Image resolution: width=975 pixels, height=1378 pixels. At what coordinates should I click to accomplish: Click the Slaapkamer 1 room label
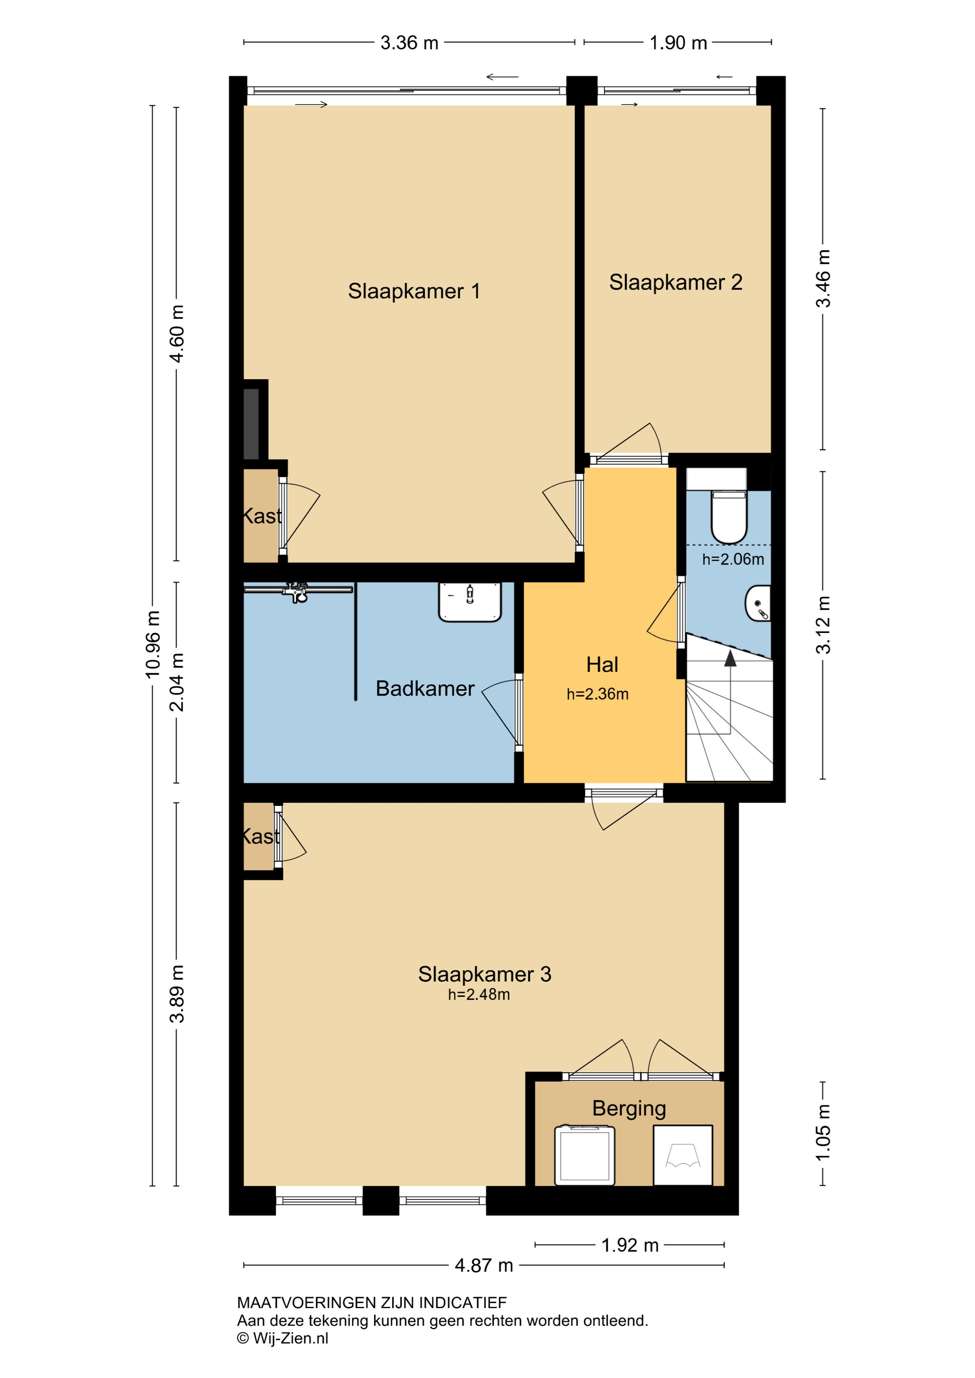point(414,291)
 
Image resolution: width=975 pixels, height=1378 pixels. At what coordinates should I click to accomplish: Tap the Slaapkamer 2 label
point(676,282)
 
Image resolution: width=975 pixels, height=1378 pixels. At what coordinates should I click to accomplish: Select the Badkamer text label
point(425,688)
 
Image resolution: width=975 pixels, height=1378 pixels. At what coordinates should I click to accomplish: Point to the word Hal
point(602,664)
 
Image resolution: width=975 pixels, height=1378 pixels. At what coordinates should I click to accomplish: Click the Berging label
point(629,1108)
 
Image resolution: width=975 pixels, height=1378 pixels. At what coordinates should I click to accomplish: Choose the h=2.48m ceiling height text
point(479,995)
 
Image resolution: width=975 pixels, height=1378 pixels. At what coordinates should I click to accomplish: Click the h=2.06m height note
point(733,560)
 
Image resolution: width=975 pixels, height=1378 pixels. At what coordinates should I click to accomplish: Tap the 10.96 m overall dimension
point(153,644)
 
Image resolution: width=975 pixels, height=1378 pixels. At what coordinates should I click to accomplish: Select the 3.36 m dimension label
point(409,42)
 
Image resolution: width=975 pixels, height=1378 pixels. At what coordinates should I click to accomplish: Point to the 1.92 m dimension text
point(630,1245)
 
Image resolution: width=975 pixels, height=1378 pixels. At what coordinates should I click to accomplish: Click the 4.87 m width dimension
point(484,1266)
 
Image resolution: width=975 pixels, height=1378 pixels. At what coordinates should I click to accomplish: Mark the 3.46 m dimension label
point(823,279)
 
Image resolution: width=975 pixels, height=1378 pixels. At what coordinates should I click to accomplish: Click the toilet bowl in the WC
point(729,517)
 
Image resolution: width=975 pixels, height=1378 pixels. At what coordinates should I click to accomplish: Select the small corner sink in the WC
point(758,603)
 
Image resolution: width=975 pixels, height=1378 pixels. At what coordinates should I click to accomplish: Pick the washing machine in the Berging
point(585,1155)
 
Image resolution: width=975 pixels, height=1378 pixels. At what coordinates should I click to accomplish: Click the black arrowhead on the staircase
point(730,659)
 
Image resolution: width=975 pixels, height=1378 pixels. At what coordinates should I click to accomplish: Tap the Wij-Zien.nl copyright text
point(283,1338)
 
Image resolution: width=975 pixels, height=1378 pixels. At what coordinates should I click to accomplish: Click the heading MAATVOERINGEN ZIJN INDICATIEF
point(372,1303)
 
